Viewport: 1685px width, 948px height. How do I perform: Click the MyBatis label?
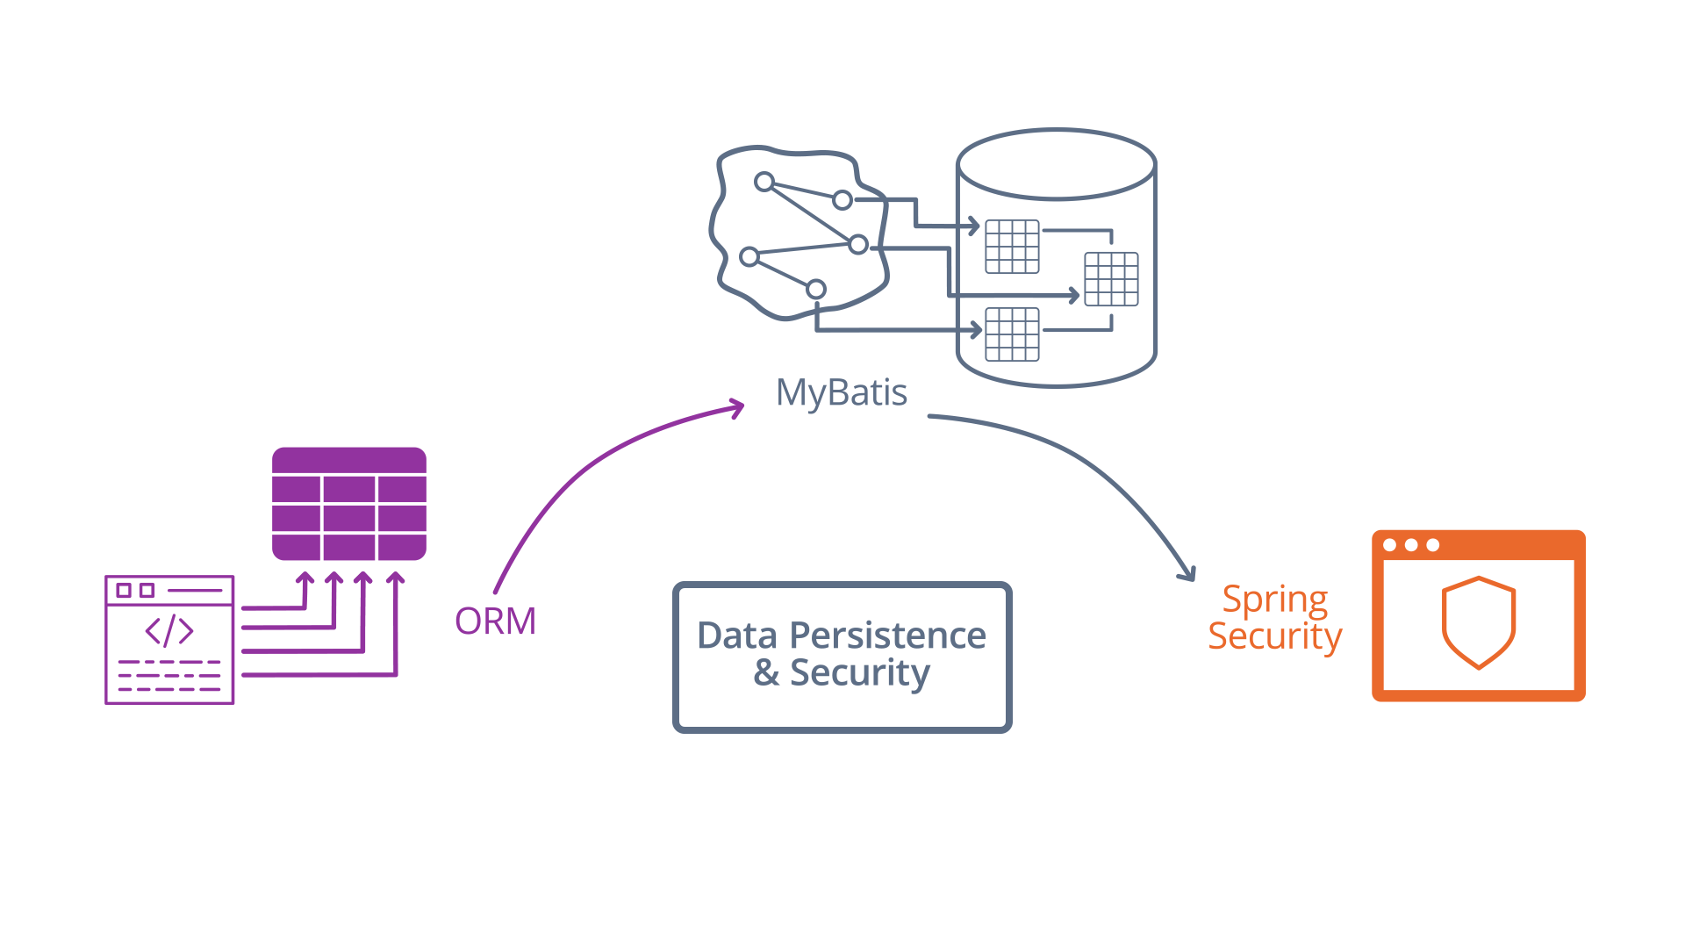coord(841,392)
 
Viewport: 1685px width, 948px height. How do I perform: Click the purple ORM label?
coord(495,621)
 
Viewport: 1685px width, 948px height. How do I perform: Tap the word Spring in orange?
coord(1274,600)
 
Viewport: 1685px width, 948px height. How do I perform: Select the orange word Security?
coord(1274,636)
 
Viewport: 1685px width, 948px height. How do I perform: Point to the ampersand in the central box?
coord(766,672)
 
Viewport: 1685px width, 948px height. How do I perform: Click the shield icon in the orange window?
coord(1479,621)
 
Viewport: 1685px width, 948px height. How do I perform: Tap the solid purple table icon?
coord(349,504)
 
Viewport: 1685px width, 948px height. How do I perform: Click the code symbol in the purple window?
coord(169,630)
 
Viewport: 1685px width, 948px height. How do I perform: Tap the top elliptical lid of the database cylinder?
coord(1056,165)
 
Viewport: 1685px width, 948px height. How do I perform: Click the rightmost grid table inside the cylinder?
coord(1111,279)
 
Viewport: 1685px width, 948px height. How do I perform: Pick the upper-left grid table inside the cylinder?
coord(1012,247)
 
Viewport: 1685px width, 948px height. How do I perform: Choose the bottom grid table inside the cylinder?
coord(1012,334)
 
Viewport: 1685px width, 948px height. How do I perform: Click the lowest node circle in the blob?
coord(816,289)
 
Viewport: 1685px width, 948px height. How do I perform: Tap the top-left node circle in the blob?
coord(764,182)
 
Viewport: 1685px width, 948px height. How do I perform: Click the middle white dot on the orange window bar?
coord(1411,545)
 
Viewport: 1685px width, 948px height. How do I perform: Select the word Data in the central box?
coord(737,636)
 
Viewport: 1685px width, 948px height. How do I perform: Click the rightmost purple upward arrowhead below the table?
coord(396,578)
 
